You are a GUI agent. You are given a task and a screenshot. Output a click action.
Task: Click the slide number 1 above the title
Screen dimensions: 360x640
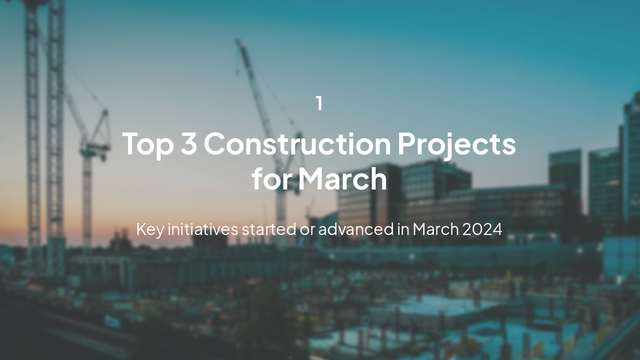[x=319, y=103]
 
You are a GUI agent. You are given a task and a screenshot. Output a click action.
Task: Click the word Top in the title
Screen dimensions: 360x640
[x=147, y=144]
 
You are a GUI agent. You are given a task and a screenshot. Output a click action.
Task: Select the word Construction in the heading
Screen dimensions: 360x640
[x=297, y=144]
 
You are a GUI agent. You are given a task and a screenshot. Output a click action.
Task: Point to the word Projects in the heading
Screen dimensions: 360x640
[x=456, y=144]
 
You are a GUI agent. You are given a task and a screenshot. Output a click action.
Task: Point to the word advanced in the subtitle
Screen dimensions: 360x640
[x=356, y=229]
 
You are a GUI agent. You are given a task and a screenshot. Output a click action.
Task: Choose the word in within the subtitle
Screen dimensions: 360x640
[x=403, y=229]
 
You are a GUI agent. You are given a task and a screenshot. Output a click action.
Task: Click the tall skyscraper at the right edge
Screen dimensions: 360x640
[x=631, y=160]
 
